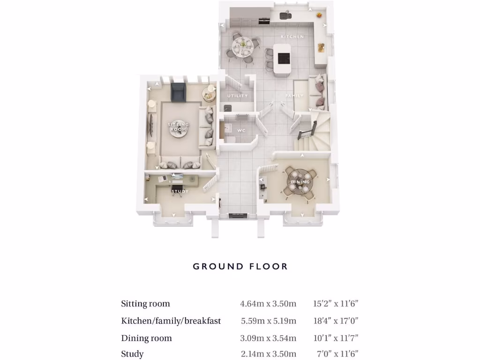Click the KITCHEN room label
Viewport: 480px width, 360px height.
(x=292, y=37)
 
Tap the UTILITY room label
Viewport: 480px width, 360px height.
(x=237, y=96)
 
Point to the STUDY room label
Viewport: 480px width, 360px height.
(x=180, y=191)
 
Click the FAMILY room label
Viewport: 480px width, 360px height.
(x=295, y=96)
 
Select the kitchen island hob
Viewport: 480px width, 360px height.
(x=284, y=58)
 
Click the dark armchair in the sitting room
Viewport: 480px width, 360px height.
(x=178, y=92)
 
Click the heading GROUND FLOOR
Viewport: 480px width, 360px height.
(x=240, y=266)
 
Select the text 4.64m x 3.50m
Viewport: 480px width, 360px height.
(x=268, y=304)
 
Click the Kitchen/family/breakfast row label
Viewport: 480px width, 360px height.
(x=171, y=321)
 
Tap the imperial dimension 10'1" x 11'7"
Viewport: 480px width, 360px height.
(x=336, y=338)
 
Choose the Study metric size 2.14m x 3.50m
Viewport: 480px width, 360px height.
(x=268, y=354)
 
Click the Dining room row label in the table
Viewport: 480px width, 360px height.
(x=146, y=338)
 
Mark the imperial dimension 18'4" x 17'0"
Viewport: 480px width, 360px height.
(x=336, y=321)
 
